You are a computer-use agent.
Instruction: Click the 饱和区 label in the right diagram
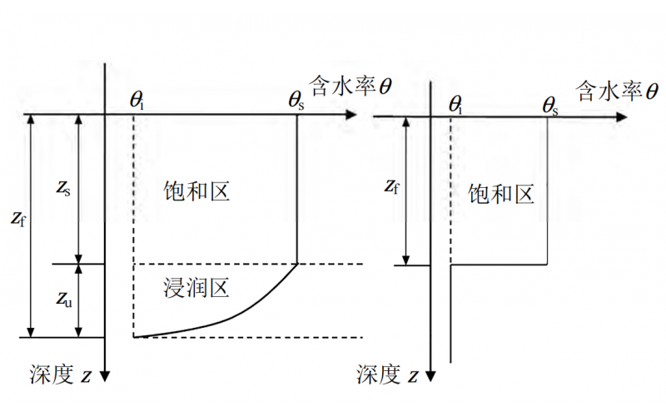501,196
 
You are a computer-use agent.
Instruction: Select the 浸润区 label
196,289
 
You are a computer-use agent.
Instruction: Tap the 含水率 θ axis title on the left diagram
350,86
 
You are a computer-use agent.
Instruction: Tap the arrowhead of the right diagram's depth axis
431,376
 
